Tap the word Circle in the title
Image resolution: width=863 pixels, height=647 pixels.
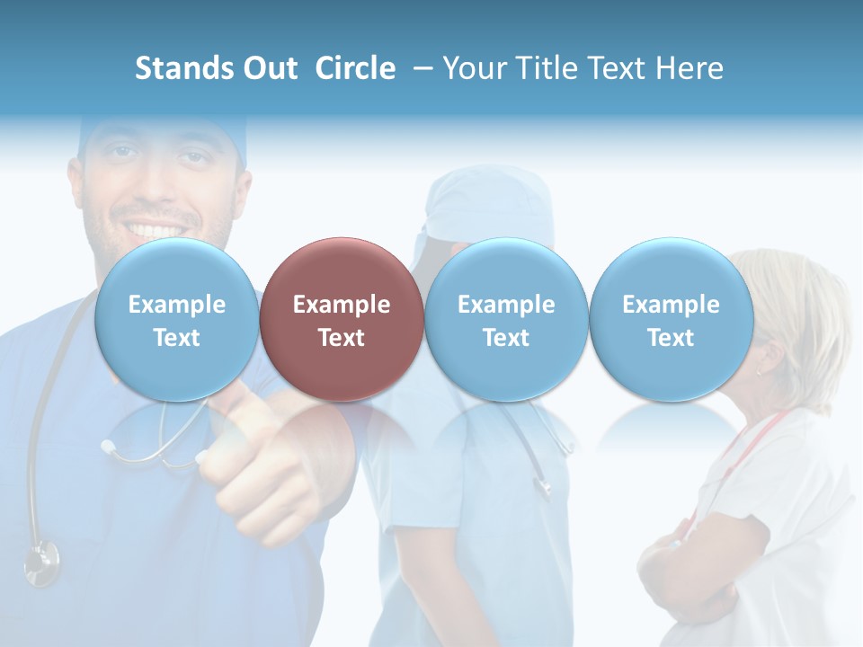(x=355, y=68)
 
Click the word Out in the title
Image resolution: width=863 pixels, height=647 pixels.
(x=271, y=68)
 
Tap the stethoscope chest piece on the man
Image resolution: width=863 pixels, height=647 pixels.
(x=40, y=563)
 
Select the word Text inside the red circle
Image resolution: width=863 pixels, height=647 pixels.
(x=341, y=338)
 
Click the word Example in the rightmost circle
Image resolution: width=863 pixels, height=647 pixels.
(x=671, y=305)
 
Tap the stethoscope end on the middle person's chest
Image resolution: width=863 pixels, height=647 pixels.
(x=542, y=485)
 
